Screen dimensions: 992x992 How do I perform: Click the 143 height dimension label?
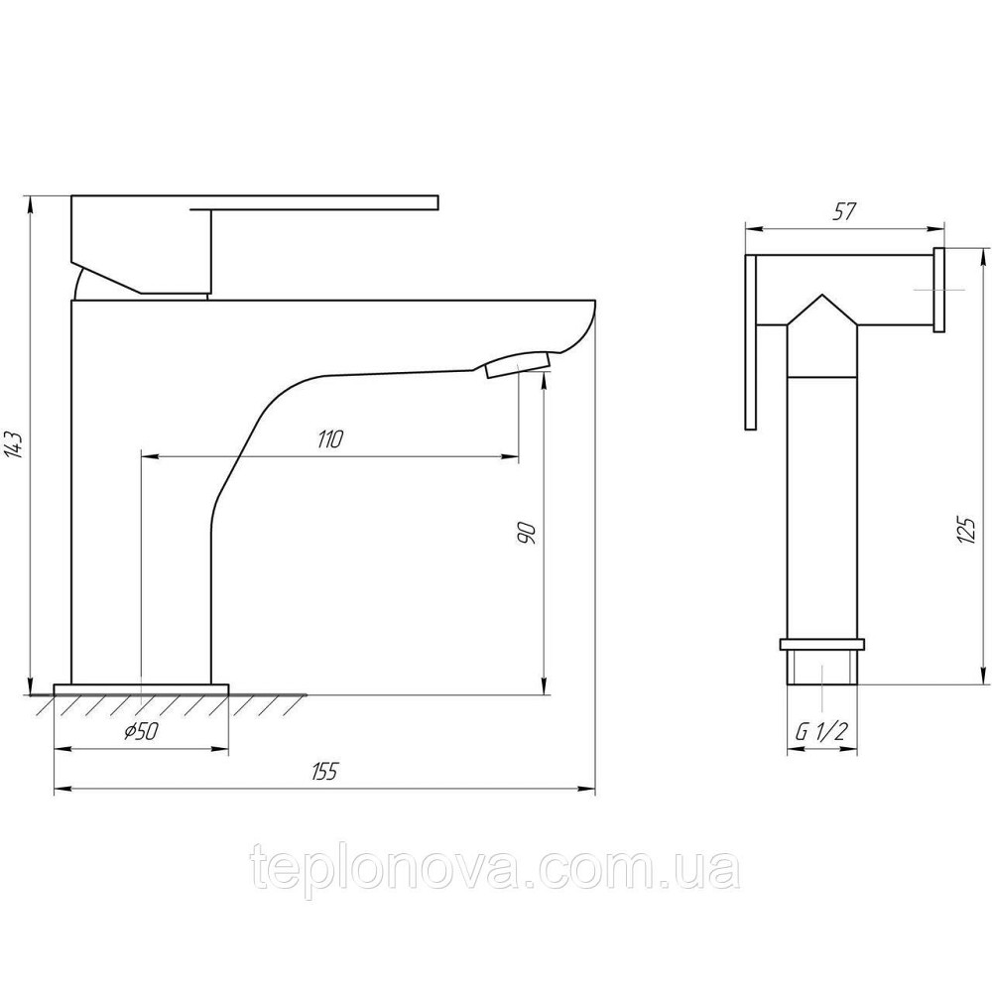coord(15,444)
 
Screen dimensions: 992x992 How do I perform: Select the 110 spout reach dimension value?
coord(329,438)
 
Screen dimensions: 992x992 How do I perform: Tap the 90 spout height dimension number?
coord(527,534)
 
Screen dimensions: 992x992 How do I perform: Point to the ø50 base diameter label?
coord(141,731)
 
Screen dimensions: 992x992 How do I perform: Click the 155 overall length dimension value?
coord(325,772)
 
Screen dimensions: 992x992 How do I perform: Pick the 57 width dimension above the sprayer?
coord(844,212)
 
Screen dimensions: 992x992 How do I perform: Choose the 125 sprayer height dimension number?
coord(966,529)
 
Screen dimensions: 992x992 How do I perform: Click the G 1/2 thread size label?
coord(820,733)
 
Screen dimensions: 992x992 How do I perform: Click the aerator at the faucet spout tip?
coord(518,365)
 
